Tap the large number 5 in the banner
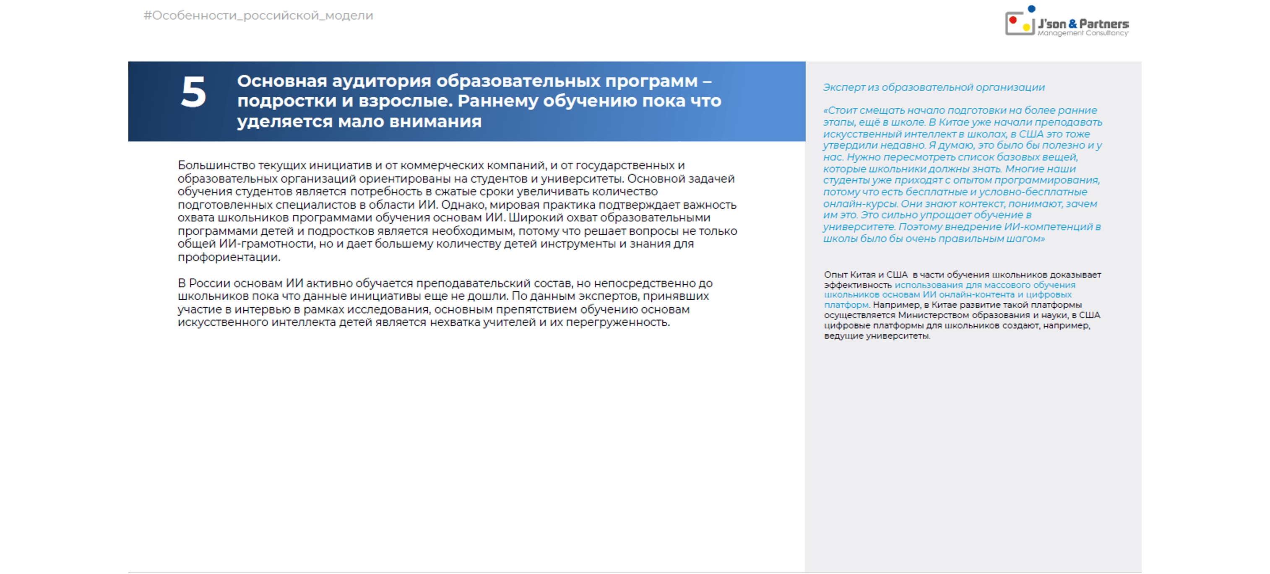click(193, 93)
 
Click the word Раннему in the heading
click(497, 101)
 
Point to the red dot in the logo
click(1012, 20)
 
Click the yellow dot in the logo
click(1026, 27)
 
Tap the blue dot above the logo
click(1031, 8)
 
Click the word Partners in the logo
click(1104, 23)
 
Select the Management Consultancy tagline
click(1083, 34)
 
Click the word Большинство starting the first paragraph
click(216, 166)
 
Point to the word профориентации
click(229, 257)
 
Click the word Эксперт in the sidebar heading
click(843, 88)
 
